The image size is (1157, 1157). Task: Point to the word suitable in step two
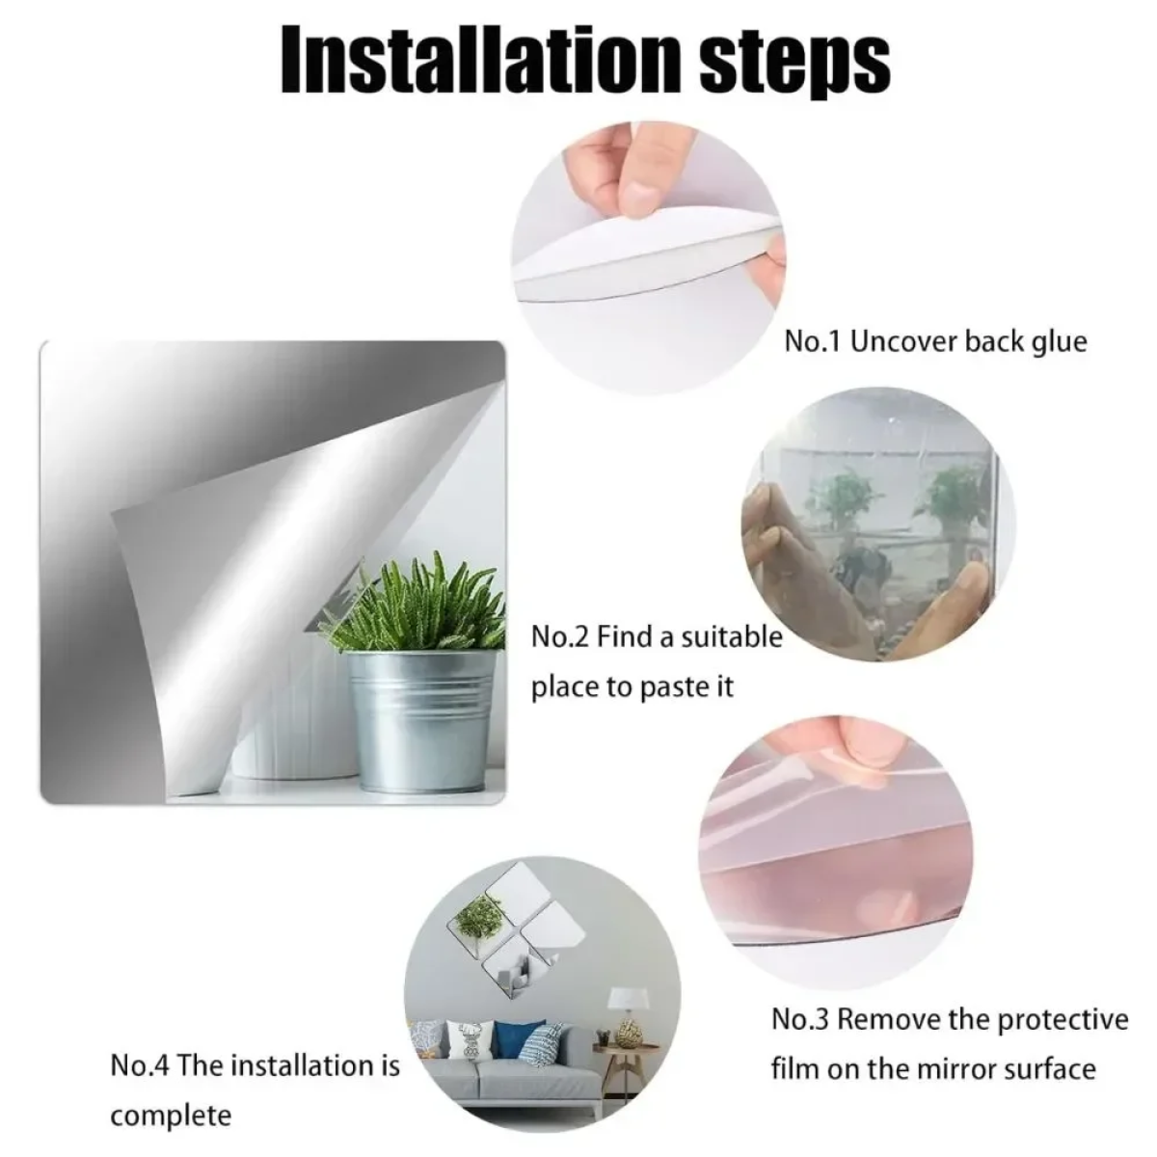coord(732,635)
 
